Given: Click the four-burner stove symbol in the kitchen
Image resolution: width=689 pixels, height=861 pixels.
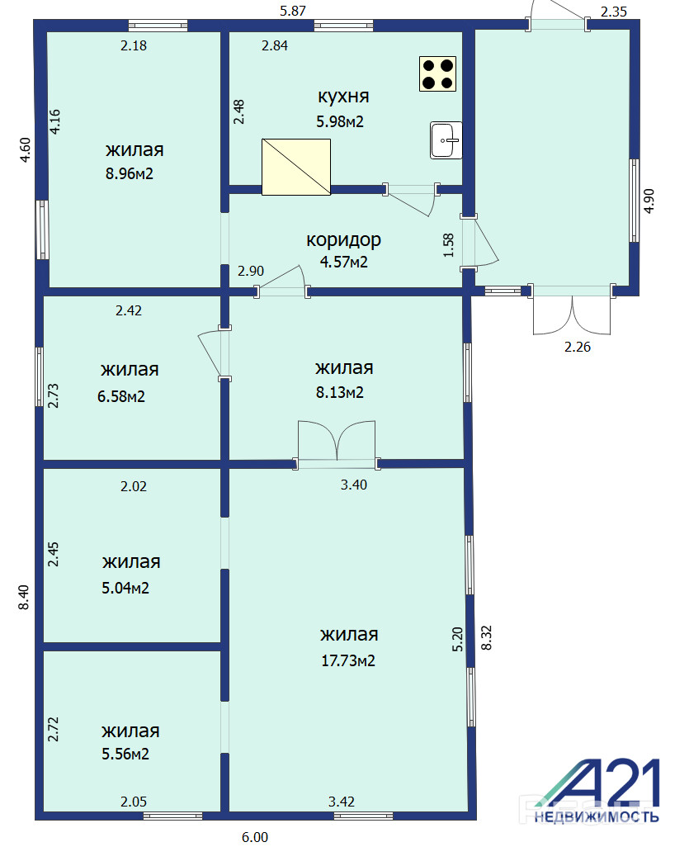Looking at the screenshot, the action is coord(437,74).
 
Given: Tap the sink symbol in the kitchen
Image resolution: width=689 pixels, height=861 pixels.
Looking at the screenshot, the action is coord(446,140).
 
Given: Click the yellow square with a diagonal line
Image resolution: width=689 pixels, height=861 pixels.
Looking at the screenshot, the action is coord(296,167).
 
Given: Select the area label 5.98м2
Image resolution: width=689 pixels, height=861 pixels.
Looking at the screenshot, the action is coord(340,121).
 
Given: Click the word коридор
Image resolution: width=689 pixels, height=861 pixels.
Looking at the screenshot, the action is coord(344,240).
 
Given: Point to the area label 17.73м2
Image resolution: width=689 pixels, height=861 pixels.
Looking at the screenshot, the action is coord(348,660).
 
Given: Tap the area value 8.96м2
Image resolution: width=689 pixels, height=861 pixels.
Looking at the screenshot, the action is coord(130,174).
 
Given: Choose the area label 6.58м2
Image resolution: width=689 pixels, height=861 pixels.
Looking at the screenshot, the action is coord(121,396).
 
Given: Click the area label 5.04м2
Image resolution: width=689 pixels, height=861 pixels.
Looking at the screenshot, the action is coord(125,588).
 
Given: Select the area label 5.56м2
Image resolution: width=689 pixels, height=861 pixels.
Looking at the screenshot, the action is coord(125,754).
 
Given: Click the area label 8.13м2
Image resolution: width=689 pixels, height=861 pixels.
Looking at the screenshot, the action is coord(340,393).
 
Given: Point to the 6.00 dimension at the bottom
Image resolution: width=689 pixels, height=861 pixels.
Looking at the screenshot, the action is coord(255,837).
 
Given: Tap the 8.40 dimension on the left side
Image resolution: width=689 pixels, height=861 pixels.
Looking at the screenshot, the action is coord(24,598).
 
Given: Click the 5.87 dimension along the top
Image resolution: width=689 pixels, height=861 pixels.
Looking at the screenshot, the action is coord(293,11).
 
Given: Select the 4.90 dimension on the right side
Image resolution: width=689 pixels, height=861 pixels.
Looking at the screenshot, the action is coord(649,201).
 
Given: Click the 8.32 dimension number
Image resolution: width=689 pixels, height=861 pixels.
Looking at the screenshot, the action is coord(486,638).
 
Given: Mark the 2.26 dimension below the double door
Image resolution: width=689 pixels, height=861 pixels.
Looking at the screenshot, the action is coord(578,347).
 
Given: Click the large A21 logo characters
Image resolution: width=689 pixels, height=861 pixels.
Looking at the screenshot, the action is coord(598,783).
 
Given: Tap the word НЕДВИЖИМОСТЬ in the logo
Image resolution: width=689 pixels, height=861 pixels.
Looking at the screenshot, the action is coord(597,817).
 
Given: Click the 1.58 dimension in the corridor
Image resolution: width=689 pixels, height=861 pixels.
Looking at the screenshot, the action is coord(449,245).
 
